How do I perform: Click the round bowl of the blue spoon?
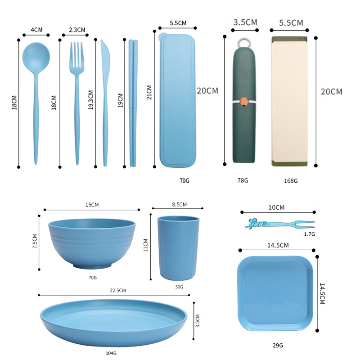coord(36,58)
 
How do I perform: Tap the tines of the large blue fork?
coord(76,54)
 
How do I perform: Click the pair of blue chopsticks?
coord(133,103)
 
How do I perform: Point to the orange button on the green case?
coord(244,102)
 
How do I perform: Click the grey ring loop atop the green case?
coord(244,43)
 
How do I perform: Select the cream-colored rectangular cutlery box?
coord(289,101)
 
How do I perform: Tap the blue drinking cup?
coord(178,248)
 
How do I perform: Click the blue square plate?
coord(275,293)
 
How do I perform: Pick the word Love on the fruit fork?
coord(256,223)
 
